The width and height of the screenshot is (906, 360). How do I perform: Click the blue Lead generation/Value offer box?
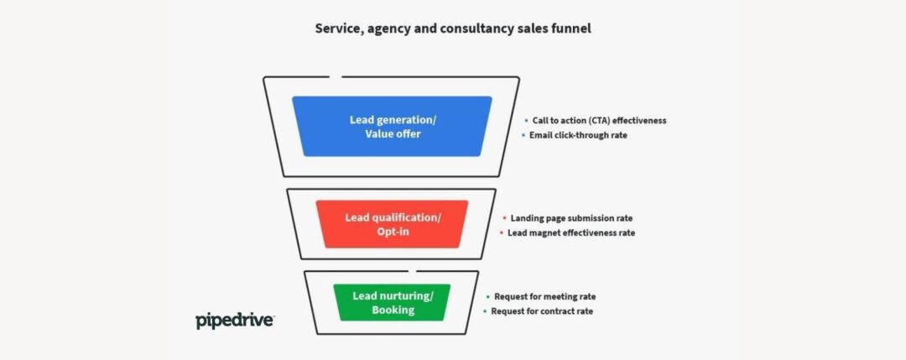[x=392, y=126]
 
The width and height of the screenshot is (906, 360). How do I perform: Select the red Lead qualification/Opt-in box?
[x=392, y=224]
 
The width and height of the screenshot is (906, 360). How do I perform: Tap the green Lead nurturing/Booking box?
[x=392, y=302]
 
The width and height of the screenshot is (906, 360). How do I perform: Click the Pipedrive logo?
[x=235, y=321]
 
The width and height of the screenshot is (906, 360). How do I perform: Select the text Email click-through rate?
[x=578, y=135]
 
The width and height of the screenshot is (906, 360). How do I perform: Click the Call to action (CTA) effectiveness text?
[x=599, y=121]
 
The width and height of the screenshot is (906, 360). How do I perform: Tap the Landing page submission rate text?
[x=571, y=218]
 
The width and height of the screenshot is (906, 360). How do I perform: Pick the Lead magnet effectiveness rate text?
[x=571, y=233]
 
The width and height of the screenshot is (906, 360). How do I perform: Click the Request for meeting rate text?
[x=545, y=296]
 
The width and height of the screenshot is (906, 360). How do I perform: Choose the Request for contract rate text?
[x=542, y=310]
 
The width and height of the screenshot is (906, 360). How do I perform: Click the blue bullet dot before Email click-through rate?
[x=523, y=135]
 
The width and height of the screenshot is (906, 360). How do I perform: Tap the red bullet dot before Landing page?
[x=504, y=218]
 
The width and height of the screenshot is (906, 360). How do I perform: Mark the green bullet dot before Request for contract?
[x=486, y=310]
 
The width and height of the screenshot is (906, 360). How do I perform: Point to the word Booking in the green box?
[x=393, y=310]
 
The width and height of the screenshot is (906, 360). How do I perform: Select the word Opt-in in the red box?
[x=393, y=232]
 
